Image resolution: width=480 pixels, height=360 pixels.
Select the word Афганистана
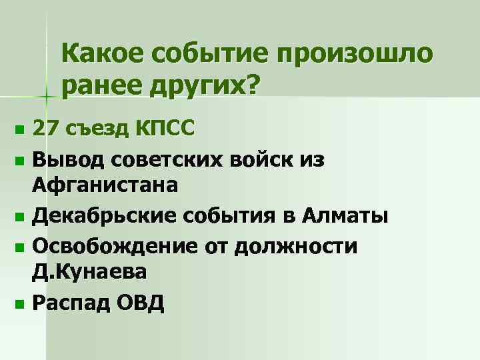click(x=105, y=184)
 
